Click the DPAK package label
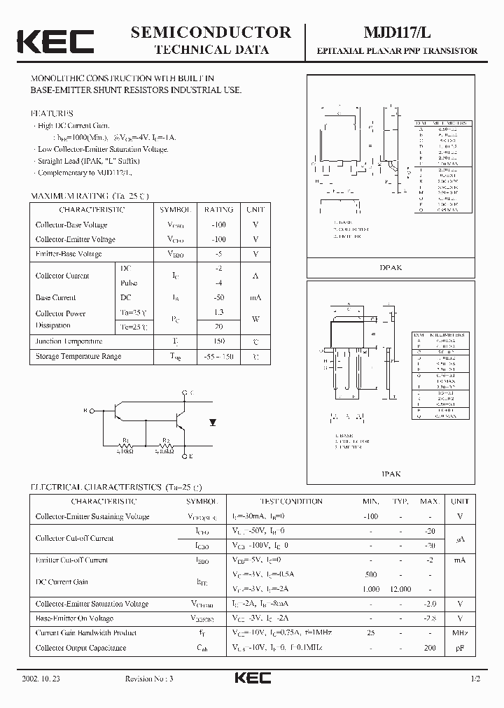tap(391, 269)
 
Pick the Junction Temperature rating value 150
tap(218, 341)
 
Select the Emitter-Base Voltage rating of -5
tap(218, 254)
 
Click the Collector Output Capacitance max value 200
tap(429, 649)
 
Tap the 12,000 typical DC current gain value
tap(400, 589)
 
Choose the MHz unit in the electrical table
tap(459, 633)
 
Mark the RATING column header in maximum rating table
tap(218, 209)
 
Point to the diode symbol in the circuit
tap(213, 422)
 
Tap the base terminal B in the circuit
tap(85, 411)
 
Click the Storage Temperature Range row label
tap(78, 357)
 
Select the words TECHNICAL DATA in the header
tap(211, 50)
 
